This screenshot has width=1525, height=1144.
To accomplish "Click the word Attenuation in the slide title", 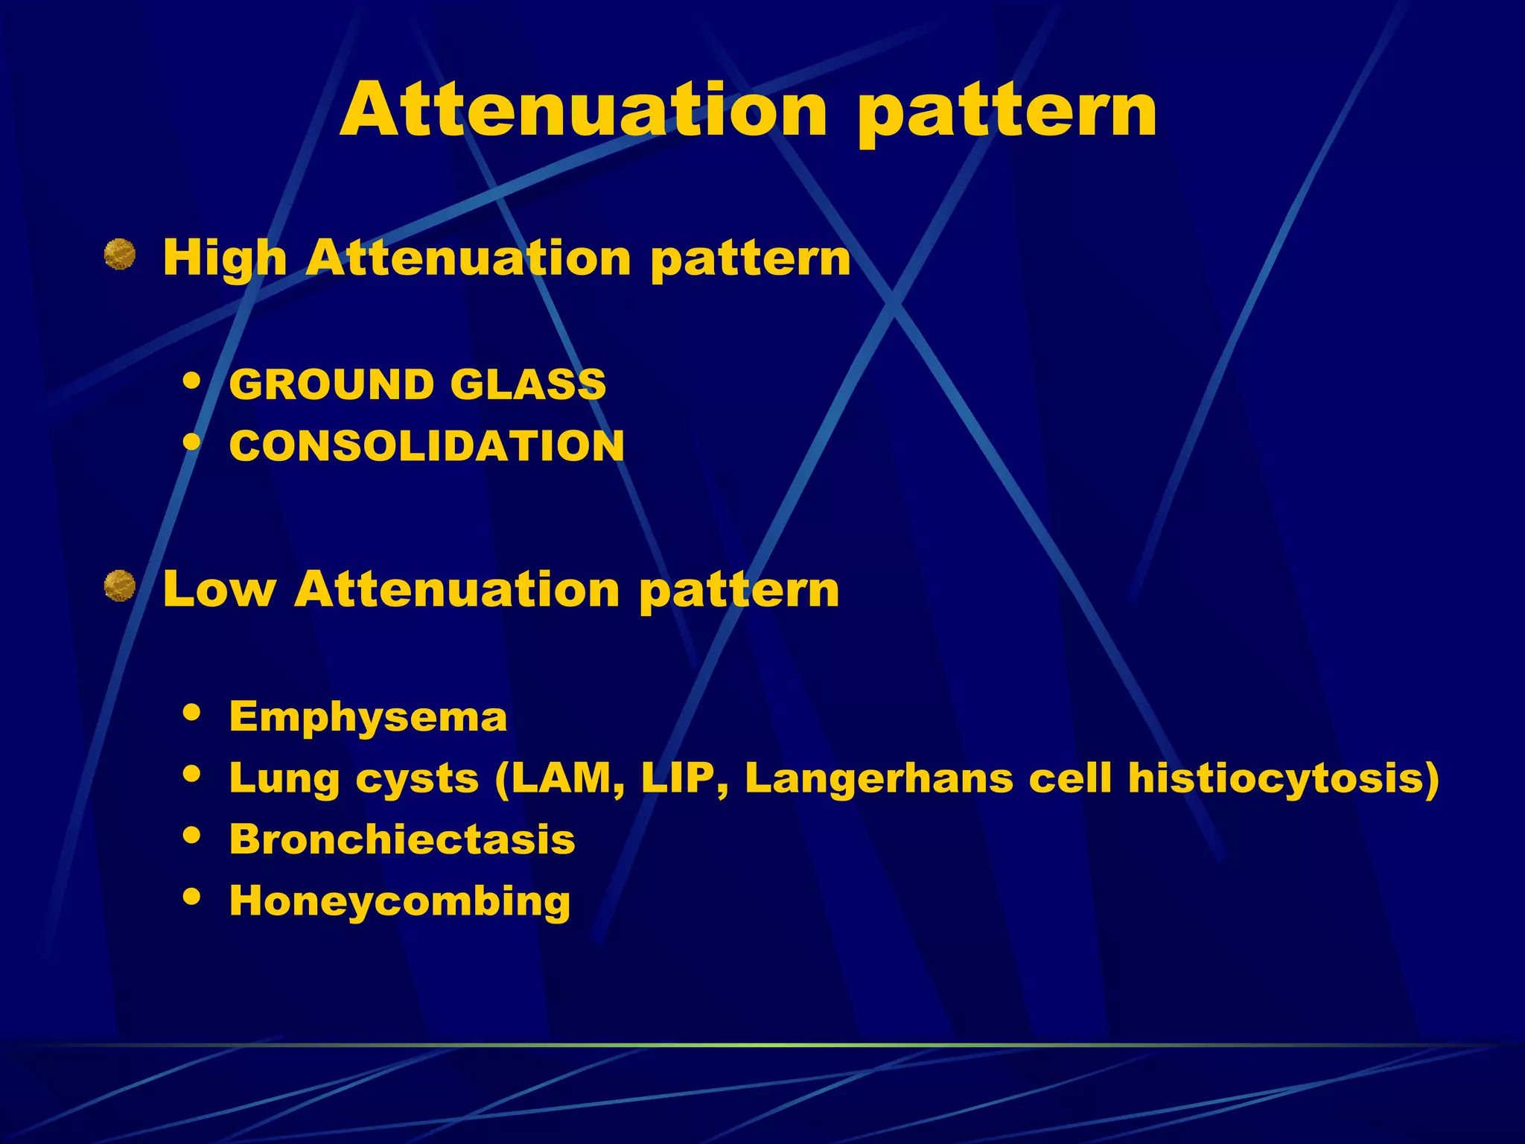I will (585, 110).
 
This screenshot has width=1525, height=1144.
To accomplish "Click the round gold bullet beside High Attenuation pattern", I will (119, 254).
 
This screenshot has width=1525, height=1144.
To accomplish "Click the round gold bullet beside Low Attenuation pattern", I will (119, 585).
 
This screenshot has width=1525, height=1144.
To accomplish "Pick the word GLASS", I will (528, 385).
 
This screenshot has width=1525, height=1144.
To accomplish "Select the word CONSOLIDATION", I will (427, 446).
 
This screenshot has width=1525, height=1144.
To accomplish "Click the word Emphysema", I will (368, 717).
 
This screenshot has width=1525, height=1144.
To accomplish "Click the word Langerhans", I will (879, 778).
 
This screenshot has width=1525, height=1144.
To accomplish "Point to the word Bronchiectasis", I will (402, 839).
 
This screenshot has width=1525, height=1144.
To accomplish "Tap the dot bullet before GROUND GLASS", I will (192, 381).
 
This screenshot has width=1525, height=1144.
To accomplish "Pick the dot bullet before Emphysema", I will (192, 713).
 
